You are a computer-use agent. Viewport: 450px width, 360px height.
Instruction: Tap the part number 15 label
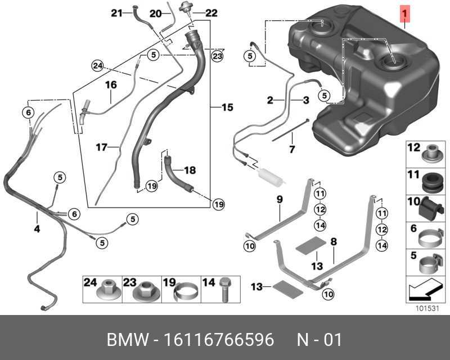(x=227, y=107)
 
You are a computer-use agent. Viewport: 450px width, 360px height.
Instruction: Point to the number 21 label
(x=116, y=12)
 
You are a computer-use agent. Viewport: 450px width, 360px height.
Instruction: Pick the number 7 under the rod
(x=292, y=150)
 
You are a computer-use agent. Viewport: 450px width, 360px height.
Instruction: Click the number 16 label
(x=110, y=85)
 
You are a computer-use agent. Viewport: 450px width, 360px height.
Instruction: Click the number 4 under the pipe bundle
(x=37, y=229)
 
